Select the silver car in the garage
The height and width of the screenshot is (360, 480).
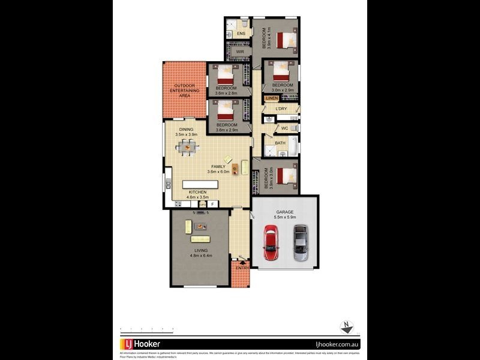301,242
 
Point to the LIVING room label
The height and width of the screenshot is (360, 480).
201,251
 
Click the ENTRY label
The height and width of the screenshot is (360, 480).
242,268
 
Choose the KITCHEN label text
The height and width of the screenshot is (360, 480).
197,192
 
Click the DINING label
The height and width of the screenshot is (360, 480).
186,130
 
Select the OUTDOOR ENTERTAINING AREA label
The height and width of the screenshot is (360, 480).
184,91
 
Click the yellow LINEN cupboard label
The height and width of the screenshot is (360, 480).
272,98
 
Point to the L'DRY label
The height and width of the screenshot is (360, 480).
281,109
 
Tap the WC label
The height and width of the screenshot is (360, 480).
284,128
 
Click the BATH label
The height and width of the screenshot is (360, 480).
280,143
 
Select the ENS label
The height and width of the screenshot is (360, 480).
241,34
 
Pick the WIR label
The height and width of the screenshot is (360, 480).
240,52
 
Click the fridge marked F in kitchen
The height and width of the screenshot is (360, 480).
211,204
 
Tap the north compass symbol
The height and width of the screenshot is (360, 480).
346,327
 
